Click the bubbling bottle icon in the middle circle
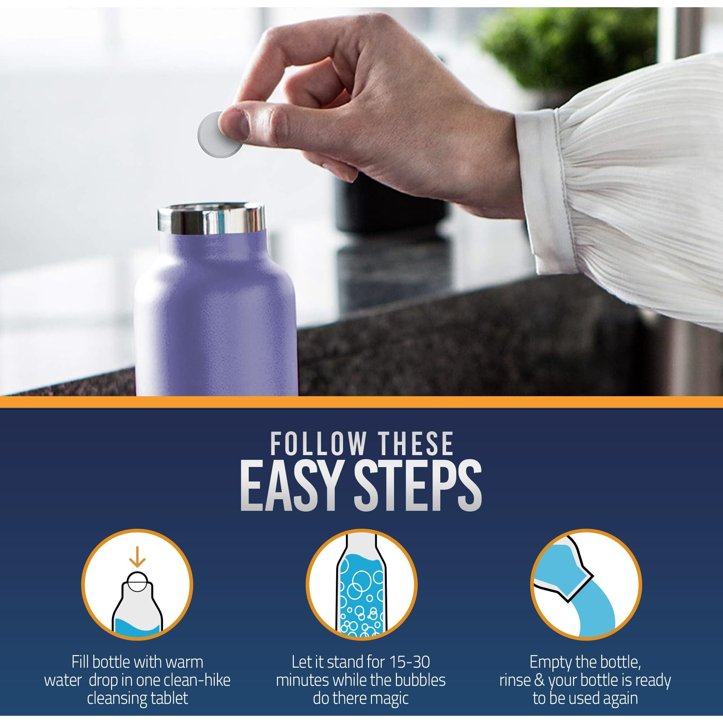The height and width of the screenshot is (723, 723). pos(361,587)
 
